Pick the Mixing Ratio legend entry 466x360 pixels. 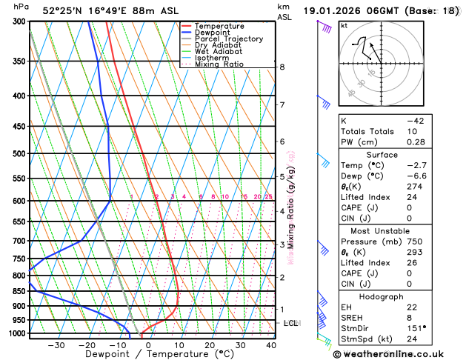(220, 64)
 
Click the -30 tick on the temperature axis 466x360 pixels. (56, 345)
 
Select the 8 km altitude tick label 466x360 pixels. (282, 67)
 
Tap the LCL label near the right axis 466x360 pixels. (291, 324)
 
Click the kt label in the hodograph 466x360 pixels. (344, 26)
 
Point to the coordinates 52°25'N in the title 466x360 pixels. (64, 11)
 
